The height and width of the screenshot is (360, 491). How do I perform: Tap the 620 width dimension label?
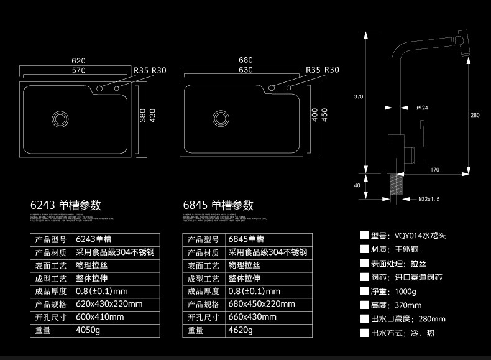pyautogui.click(x=78, y=60)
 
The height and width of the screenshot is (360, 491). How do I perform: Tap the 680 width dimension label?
pyautogui.click(x=245, y=60)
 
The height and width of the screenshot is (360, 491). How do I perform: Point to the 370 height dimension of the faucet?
pyautogui.click(x=359, y=96)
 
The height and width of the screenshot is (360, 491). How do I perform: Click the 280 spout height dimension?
pyautogui.click(x=475, y=115)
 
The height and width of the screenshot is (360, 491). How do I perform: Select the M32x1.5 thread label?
pyautogui.click(x=429, y=200)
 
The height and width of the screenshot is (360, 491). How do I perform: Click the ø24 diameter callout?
pyautogui.click(x=422, y=108)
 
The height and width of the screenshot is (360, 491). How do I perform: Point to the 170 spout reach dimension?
pyautogui.click(x=434, y=170)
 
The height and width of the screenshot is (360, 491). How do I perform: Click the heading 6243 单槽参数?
pyautogui.click(x=66, y=205)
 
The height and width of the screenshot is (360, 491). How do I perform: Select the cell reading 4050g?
pyautogui.click(x=88, y=331)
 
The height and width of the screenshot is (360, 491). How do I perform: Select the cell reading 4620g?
pyautogui.click(x=241, y=331)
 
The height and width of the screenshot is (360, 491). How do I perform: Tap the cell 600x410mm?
pyautogui.click(x=100, y=317)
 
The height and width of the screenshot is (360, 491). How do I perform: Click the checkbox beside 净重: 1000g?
pyautogui.click(x=365, y=291)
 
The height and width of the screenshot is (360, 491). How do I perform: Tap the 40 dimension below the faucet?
pyautogui.click(x=357, y=185)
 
